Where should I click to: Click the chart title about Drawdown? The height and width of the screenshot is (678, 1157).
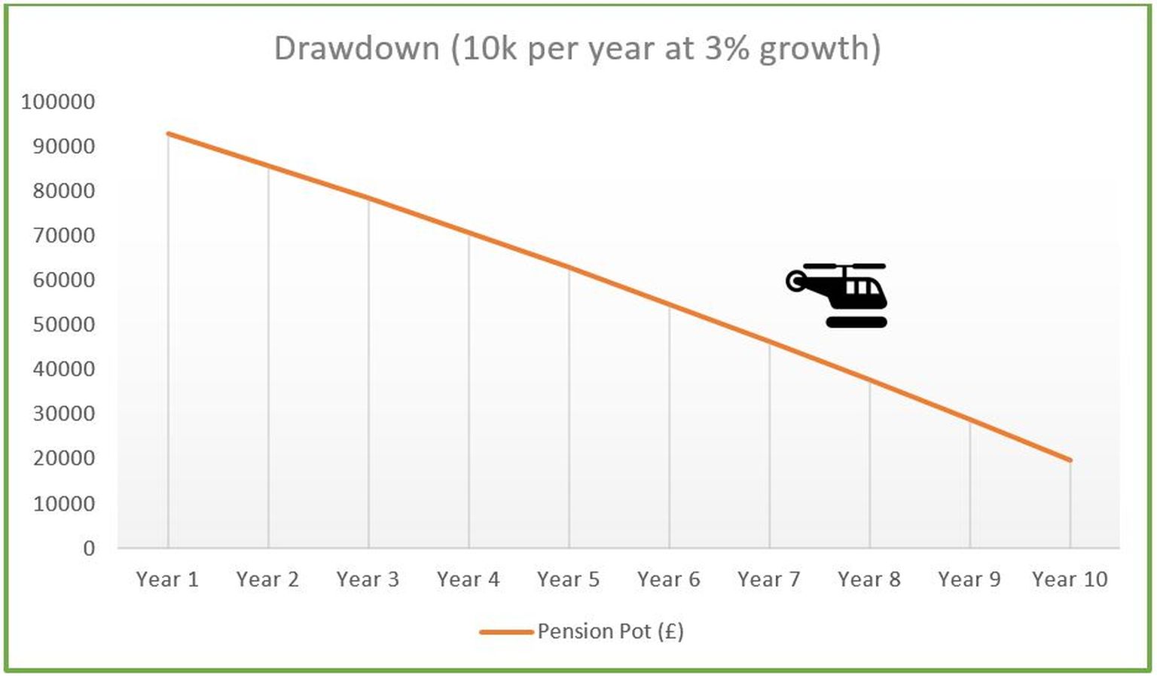pos(577,48)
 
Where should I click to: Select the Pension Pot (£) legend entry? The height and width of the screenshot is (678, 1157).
pos(609,631)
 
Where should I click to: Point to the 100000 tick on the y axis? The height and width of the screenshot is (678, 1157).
pos(58,102)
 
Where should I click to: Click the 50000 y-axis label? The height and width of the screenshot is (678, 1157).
pos(64,325)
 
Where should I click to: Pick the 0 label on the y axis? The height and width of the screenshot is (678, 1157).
pos(89,548)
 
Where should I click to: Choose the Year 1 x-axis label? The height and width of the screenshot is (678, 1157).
pos(167,579)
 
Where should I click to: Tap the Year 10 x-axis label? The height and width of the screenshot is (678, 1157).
pos(1070,579)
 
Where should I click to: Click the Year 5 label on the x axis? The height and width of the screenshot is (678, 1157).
pos(569,579)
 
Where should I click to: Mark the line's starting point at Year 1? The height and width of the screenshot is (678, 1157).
pos(168,133)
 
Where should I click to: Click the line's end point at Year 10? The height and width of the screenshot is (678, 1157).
pos(1070,460)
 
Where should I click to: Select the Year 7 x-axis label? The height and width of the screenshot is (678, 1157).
pos(769,579)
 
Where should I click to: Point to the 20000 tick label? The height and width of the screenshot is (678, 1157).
pos(64,458)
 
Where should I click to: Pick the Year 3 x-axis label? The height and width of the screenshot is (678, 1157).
pos(368,579)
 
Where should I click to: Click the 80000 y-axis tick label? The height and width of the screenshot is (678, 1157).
pos(64,191)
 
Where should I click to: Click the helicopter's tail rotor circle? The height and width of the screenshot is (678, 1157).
pos(795,282)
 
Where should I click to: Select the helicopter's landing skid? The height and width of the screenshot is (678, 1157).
pos(856,322)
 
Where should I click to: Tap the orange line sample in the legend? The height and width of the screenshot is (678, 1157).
pos(506,631)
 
